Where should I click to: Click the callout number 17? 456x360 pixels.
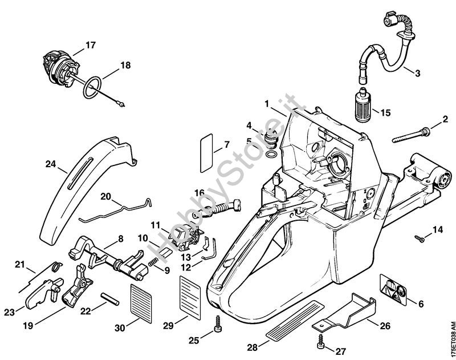point(91,46)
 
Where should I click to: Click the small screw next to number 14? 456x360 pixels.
point(420,238)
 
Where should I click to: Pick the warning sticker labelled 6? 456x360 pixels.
point(393,289)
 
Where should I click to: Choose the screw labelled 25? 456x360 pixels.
point(217,324)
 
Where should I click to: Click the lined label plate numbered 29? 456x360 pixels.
point(190,297)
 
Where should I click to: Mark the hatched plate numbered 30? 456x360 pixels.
point(141,304)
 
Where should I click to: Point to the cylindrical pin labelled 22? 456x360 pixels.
point(110,299)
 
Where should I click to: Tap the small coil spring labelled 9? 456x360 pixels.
point(153,261)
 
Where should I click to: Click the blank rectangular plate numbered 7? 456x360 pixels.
point(206,153)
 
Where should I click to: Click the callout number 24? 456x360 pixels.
point(51,164)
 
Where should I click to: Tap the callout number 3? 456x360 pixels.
point(417,73)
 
